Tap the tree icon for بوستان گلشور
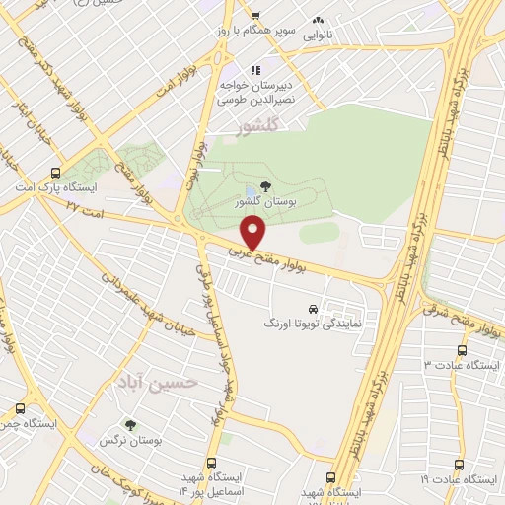point(265,187)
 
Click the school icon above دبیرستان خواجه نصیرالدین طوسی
point(254,70)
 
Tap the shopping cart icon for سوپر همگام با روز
point(254,16)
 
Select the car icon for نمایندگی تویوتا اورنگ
point(314,308)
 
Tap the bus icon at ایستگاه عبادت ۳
point(463,350)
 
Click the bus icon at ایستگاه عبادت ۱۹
point(458,464)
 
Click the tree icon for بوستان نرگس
point(130,427)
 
